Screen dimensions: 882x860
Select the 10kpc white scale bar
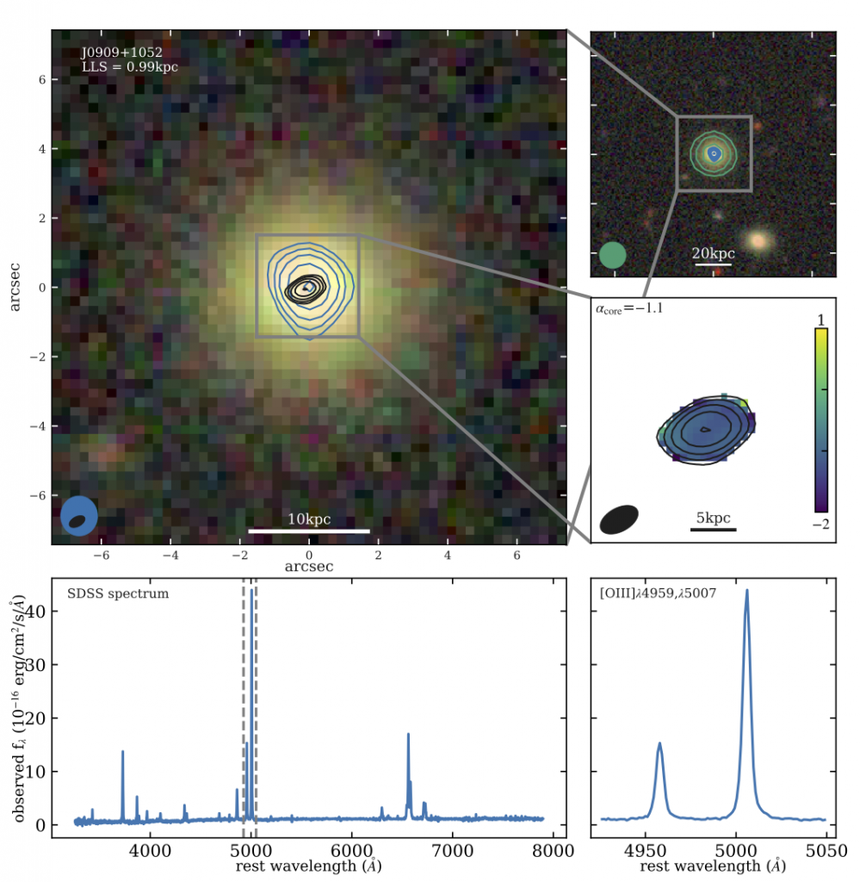(309, 531)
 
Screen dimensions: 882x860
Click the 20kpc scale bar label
(713, 253)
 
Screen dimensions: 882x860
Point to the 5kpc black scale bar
(713, 530)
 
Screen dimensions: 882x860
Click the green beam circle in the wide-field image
(612, 256)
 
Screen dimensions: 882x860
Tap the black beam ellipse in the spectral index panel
(620, 519)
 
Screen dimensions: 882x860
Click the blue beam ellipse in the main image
(78, 516)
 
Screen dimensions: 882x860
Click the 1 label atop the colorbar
(820, 320)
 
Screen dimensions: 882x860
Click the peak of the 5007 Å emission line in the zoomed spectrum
(746, 591)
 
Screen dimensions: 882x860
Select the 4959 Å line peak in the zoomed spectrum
(659, 743)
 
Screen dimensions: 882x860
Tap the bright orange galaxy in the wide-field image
(758, 242)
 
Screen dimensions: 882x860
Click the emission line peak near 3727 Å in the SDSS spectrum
(123, 751)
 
